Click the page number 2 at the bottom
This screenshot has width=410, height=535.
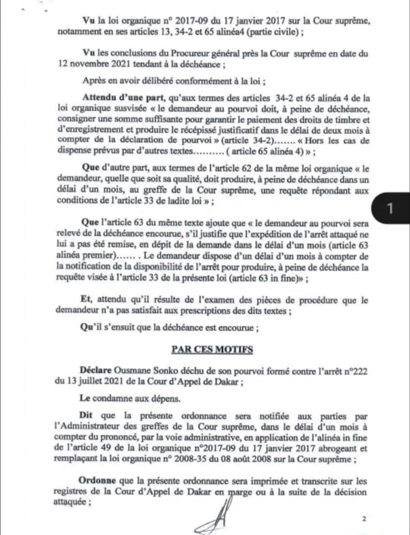362,519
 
